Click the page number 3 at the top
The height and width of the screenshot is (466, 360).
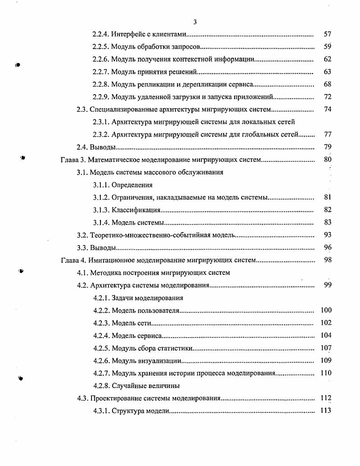195,22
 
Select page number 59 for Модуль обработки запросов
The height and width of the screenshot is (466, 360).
328,46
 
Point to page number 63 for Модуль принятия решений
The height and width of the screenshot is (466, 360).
328,72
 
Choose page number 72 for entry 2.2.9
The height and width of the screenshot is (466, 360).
328,97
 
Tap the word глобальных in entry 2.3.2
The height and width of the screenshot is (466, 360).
258,134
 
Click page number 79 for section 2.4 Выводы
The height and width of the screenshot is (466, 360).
328,147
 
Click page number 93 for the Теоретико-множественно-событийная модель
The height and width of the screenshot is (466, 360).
328,235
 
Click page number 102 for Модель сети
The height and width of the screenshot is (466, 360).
326,323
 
